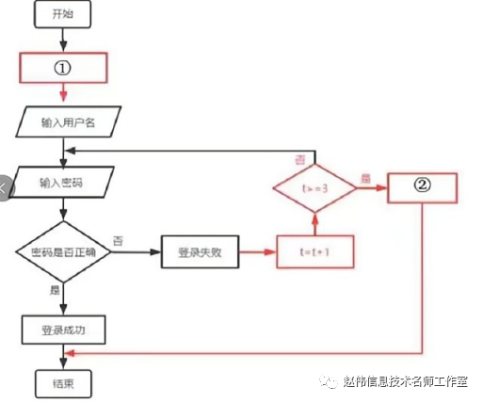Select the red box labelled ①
(x=64, y=68)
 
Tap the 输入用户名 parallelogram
(x=64, y=121)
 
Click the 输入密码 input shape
(x=63, y=181)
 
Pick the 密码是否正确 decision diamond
(x=63, y=252)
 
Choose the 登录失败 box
(x=200, y=252)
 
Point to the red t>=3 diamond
(x=315, y=187)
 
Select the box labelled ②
(x=422, y=186)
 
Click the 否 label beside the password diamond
(x=118, y=241)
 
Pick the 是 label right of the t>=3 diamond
(x=366, y=176)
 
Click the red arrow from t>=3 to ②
(x=372, y=187)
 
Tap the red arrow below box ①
(x=63, y=92)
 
